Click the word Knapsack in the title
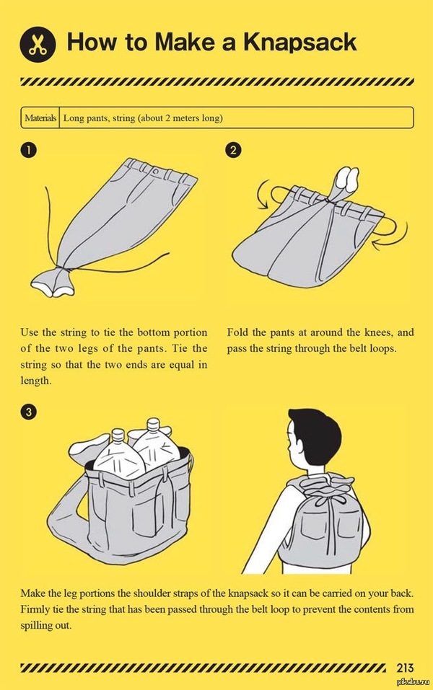tap(300, 43)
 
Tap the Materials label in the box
tap(40, 118)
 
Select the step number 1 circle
tap(27, 150)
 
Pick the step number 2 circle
tap(233, 150)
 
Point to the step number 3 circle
tap(28, 412)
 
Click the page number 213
tap(405, 668)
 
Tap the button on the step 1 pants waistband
tap(155, 170)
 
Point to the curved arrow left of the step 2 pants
tap(263, 194)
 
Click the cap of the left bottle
tap(118, 434)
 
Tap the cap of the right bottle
tap(153, 424)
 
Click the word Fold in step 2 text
tap(237, 332)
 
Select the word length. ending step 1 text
tap(36, 381)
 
